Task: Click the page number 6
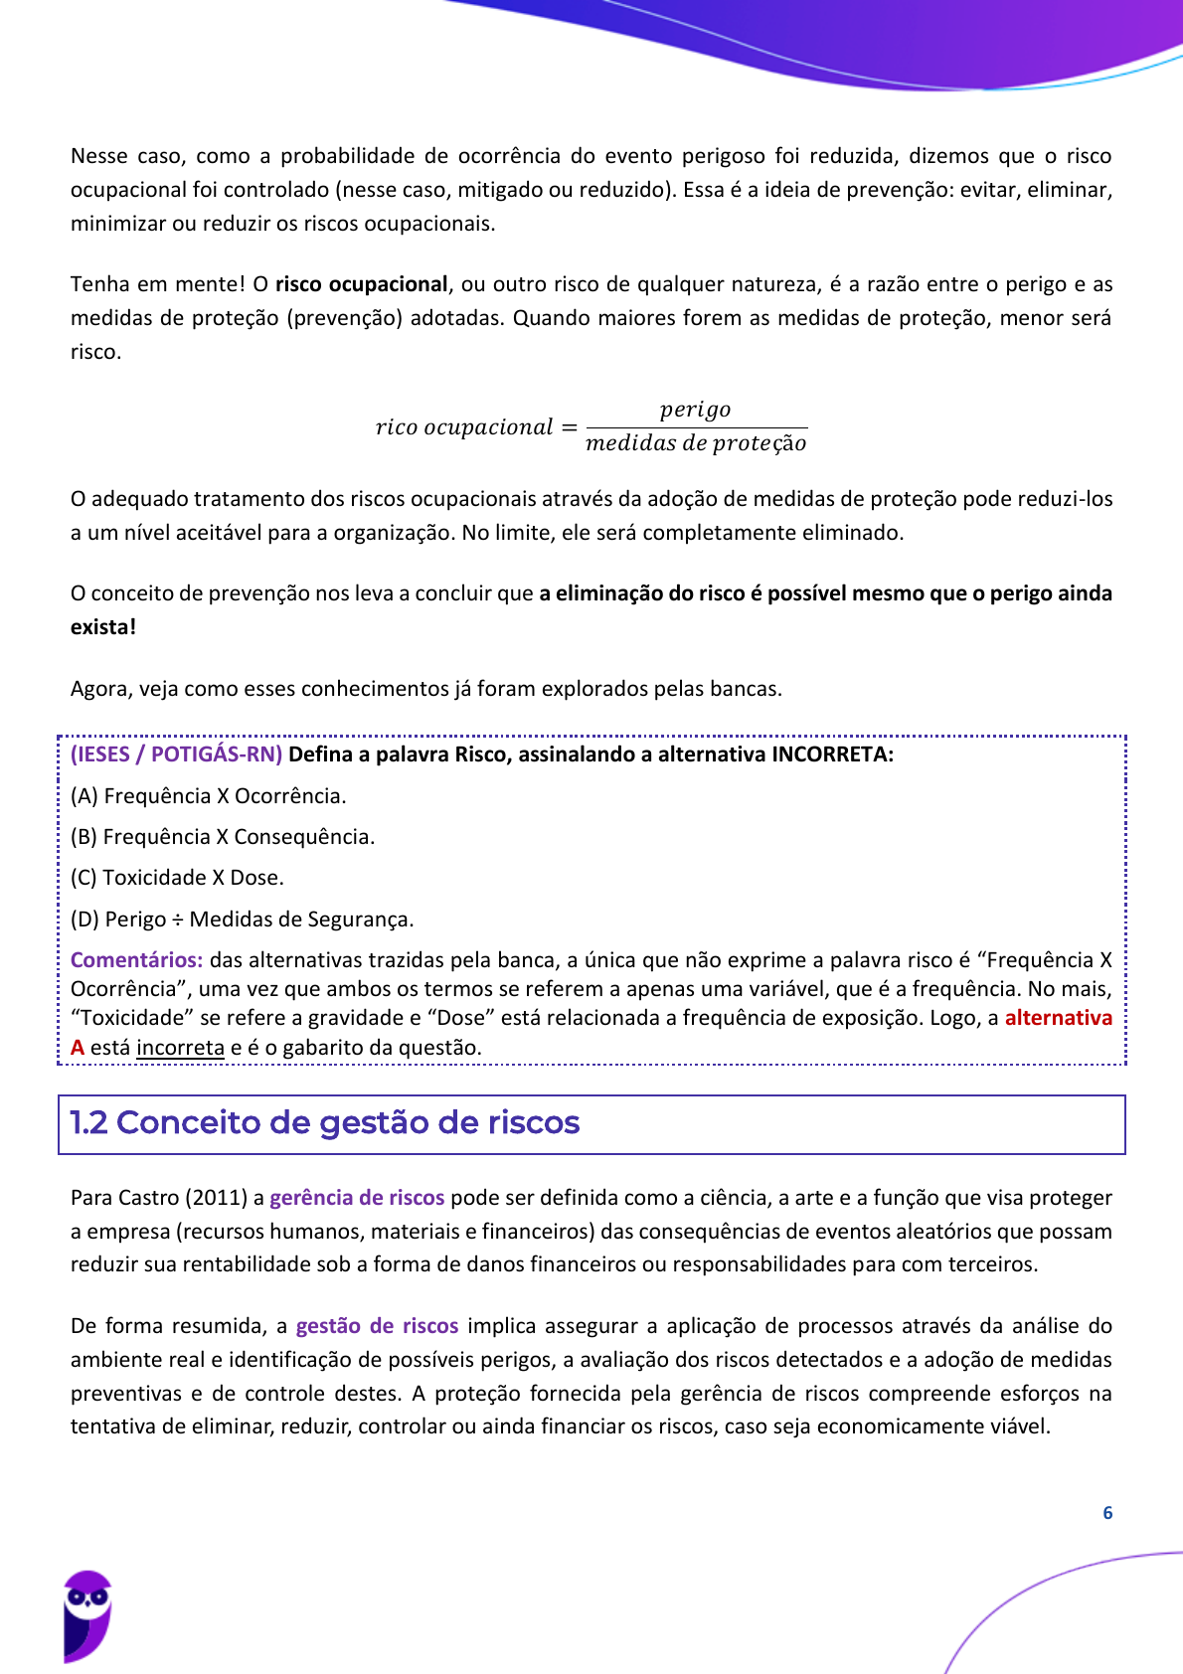click(1107, 1513)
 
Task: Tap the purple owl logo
click(87, 1616)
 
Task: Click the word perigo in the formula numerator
click(695, 410)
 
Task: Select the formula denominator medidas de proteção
click(696, 443)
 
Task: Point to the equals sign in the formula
click(569, 427)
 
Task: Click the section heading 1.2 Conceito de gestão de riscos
click(325, 1123)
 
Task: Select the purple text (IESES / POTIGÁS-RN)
click(176, 754)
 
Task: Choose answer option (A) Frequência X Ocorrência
click(209, 796)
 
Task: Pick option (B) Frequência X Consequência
click(223, 837)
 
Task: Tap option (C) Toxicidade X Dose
click(177, 878)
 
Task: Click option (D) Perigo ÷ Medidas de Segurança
click(242, 920)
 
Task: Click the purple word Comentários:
click(136, 960)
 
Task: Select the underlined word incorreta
click(180, 1048)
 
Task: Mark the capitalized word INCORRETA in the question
click(832, 754)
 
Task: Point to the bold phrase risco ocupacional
click(361, 284)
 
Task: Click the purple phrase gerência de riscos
click(357, 1198)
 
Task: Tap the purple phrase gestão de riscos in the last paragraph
click(377, 1326)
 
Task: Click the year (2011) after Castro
click(215, 1198)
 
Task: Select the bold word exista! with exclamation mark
click(103, 627)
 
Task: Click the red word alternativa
click(1058, 1018)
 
